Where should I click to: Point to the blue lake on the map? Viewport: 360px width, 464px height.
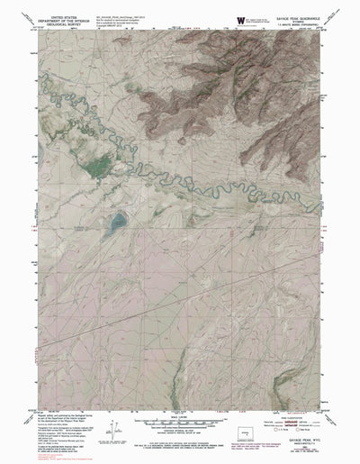point(116,221)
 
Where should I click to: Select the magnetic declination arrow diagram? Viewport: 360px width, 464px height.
point(113,431)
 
